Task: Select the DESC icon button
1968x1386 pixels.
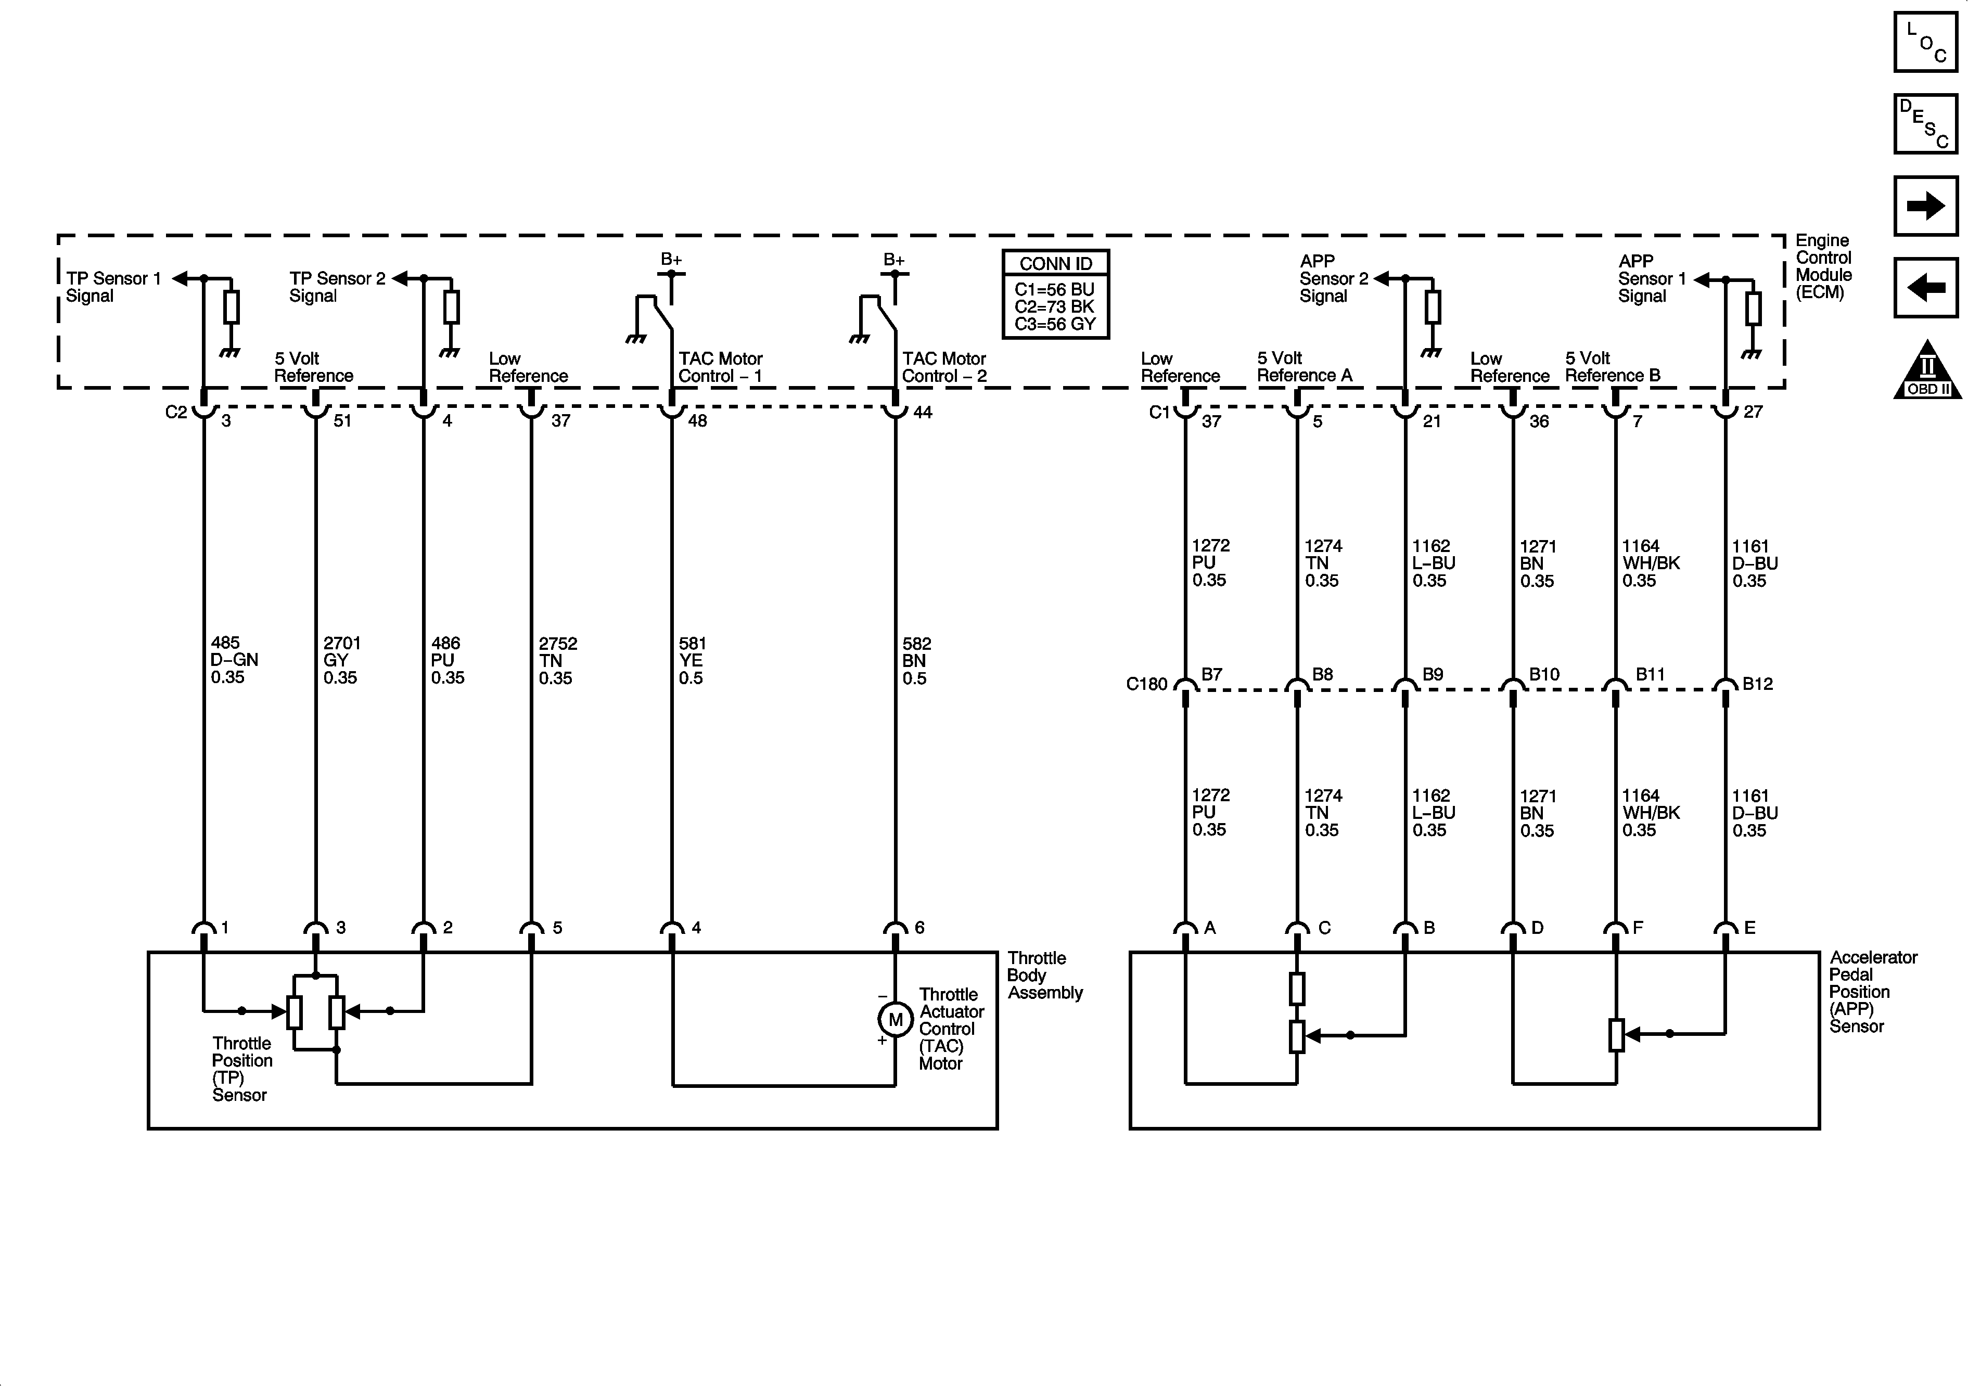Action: (x=1925, y=124)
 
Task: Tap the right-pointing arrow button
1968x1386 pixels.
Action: (x=1925, y=206)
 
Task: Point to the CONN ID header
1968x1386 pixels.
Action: (x=1055, y=264)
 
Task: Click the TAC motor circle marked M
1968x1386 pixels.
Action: (x=896, y=1019)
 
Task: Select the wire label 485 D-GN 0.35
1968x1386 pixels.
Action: (x=234, y=660)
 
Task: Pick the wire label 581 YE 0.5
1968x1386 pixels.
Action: (x=692, y=661)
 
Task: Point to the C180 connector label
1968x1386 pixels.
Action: (x=1146, y=684)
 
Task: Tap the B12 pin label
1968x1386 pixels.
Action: (x=1757, y=684)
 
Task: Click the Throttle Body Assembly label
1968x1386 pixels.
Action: (x=1044, y=976)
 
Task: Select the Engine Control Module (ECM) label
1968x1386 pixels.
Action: (x=1823, y=266)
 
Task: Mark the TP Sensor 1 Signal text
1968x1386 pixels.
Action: (x=113, y=287)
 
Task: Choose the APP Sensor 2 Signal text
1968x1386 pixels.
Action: (x=1333, y=278)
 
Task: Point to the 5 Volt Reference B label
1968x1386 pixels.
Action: (x=1612, y=367)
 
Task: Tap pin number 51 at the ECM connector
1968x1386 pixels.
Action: (x=342, y=421)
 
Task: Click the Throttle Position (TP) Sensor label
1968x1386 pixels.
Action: (x=242, y=1069)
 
